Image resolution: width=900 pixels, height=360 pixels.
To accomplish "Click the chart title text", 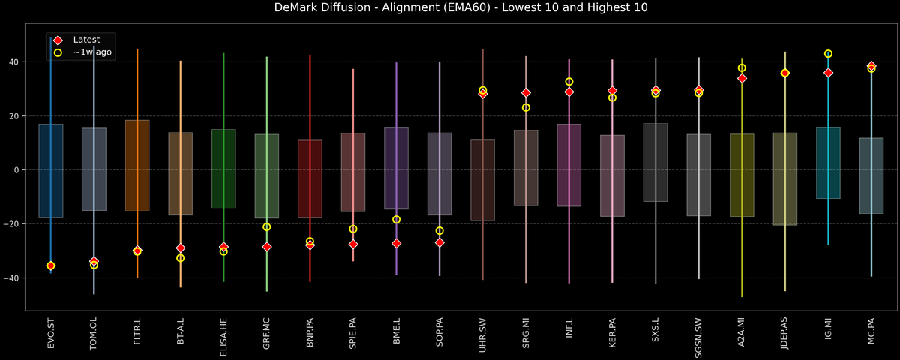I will click(x=450, y=8).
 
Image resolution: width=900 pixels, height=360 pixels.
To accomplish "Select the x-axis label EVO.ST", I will click(x=51, y=334).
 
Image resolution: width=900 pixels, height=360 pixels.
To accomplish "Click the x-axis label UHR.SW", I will click(x=483, y=334).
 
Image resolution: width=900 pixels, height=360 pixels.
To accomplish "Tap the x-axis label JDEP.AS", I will click(x=785, y=336).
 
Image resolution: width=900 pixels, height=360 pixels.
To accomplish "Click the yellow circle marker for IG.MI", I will click(x=828, y=54).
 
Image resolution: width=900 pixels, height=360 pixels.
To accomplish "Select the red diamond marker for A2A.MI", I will click(x=742, y=78).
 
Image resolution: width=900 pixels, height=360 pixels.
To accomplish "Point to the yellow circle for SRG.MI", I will click(x=526, y=107).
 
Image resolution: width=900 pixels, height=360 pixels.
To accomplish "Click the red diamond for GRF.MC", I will click(x=267, y=247).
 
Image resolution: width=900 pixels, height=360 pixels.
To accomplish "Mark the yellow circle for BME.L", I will click(x=397, y=220).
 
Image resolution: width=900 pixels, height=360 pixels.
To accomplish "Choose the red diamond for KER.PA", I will click(x=612, y=91).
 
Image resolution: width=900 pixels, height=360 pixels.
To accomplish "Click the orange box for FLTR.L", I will click(x=137, y=165).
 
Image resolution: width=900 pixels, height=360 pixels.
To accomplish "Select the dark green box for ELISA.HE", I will click(x=223, y=169).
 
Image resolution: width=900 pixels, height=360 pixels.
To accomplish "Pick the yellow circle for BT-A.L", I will click(x=180, y=258).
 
